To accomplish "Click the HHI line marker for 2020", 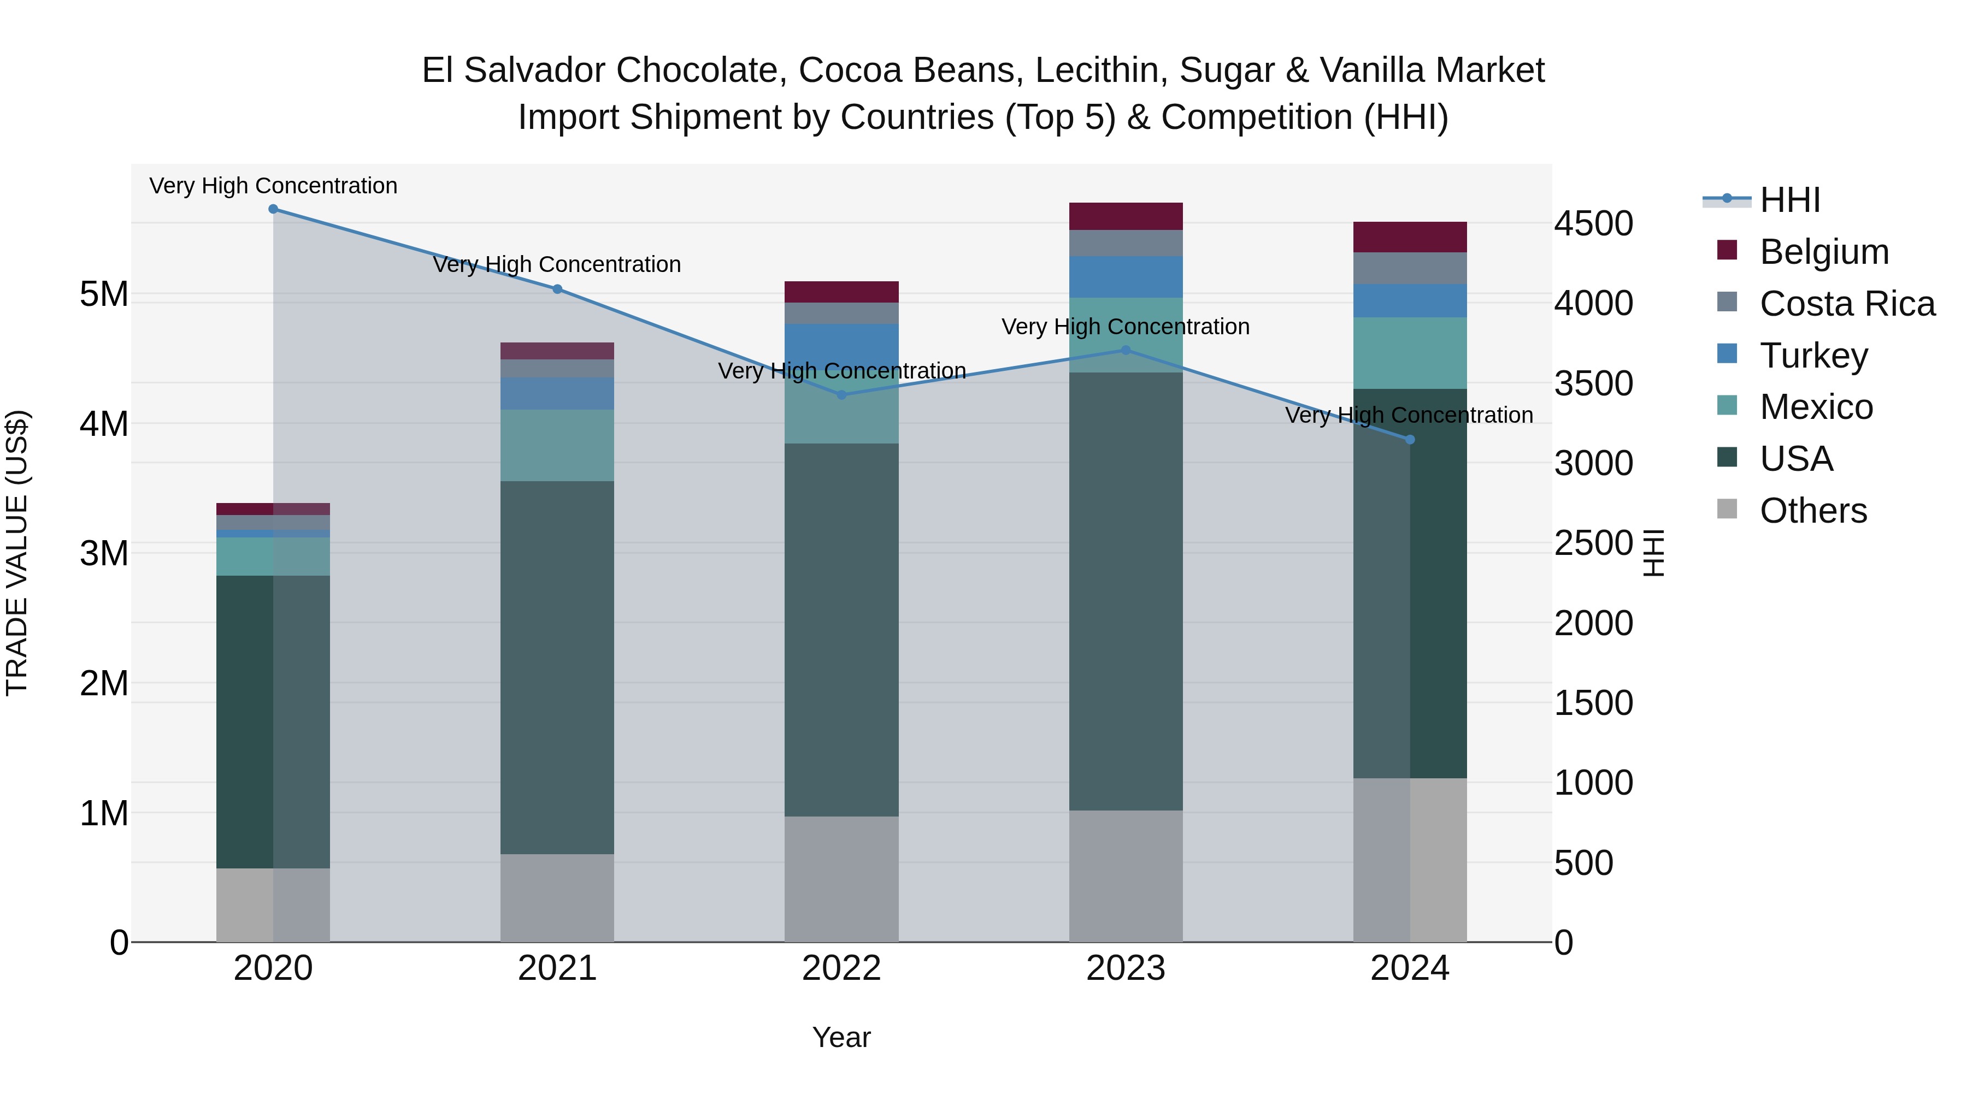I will pos(273,209).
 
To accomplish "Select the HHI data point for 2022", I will pos(841,395).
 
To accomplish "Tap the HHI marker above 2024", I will pos(1410,440).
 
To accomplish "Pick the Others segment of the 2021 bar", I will pos(557,897).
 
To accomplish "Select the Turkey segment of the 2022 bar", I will pos(841,344).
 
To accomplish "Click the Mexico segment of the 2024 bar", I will pos(1410,353).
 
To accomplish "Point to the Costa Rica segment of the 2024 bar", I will pos(1410,268).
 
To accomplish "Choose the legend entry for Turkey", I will pos(1813,356).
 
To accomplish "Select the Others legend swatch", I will pos(1727,509).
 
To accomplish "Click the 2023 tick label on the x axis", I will pos(1126,968).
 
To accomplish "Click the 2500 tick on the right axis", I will pos(1594,543).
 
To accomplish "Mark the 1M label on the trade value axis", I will pos(104,813).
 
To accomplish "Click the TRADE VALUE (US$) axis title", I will pos(17,553).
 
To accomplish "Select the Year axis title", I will pos(841,1037).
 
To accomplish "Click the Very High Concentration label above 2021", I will pos(557,264).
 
